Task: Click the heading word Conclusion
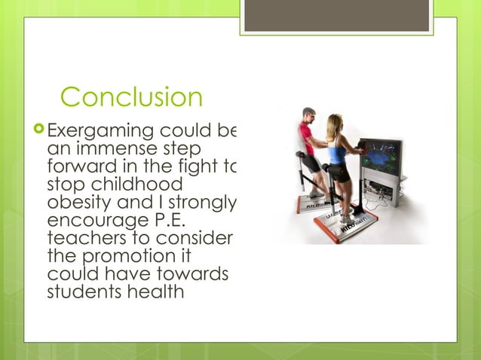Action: (131, 97)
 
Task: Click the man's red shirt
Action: (306, 139)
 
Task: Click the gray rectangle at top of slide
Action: (337, 15)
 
